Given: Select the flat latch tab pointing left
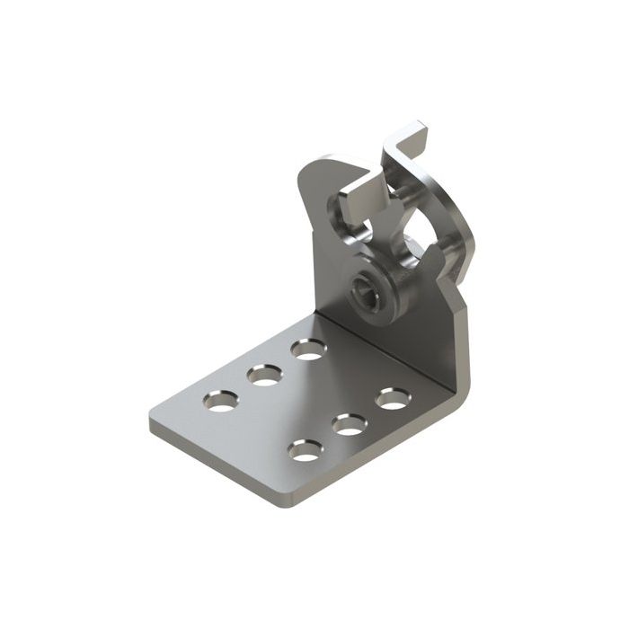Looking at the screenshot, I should (358, 190).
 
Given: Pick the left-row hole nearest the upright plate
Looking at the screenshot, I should (308, 350).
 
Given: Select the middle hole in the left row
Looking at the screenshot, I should (265, 375).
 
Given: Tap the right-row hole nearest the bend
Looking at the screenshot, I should (392, 398).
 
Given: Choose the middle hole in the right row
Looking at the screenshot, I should (350, 424).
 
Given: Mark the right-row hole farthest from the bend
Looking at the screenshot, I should (306, 450).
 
